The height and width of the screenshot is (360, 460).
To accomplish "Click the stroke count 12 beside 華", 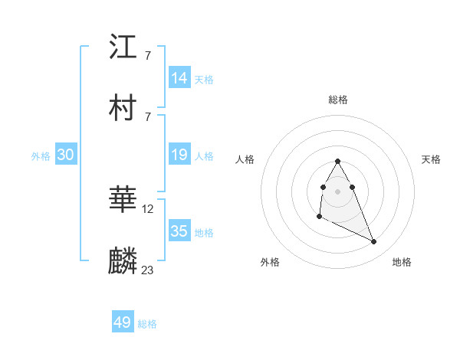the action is [x=148, y=208].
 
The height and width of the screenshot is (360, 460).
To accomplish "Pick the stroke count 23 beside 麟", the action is [x=148, y=270].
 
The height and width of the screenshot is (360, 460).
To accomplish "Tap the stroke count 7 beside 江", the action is [x=147, y=56].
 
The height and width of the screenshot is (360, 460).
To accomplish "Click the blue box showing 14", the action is [x=179, y=78].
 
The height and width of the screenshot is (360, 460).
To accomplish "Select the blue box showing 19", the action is [x=179, y=155].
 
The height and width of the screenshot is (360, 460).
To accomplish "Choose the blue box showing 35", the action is [x=179, y=231].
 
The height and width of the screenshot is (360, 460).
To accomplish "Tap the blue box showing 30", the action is [x=65, y=155].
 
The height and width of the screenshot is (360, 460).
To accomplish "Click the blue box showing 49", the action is [x=123, y=322].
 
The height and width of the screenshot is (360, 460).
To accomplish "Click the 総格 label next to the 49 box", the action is [x=147, y=324].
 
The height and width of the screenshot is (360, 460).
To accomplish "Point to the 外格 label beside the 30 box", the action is [x=41, y=156].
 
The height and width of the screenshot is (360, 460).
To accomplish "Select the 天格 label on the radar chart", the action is [x=431, y=159].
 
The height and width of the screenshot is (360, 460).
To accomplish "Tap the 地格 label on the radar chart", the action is [x=402, y=262].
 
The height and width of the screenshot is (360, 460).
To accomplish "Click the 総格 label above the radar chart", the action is [x=337, y=100].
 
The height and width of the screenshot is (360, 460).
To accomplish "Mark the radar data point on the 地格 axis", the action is [x=374, y=242].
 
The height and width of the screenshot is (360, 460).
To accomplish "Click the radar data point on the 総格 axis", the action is [x=337, y=162].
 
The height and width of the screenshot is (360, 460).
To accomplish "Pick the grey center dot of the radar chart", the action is [x=337, y=190].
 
